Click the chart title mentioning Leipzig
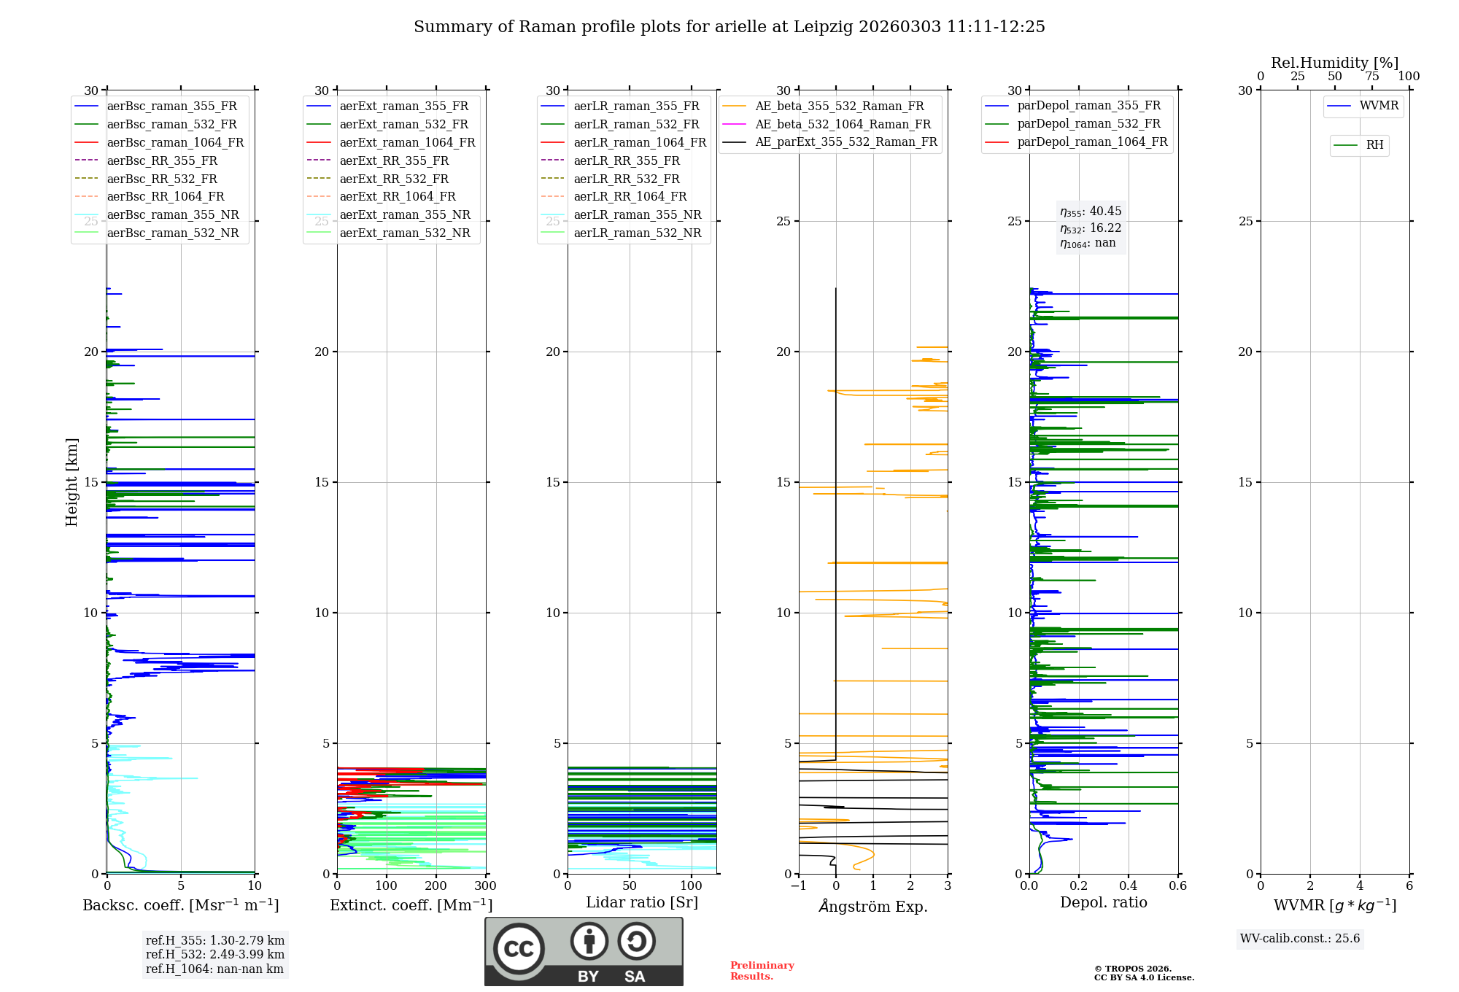coord(729,27)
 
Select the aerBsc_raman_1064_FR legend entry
coord(175,142)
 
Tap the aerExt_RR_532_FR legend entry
coord(394,179)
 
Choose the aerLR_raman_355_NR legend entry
coord(637,214)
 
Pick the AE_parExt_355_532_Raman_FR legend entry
coord(845,142)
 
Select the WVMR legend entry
coord(1379,106)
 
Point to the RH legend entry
coord(1374,145)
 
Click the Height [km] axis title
coord(71,481)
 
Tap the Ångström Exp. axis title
coord(873,906)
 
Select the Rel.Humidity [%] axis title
coord(1334,63)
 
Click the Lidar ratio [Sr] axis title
coord(642,902)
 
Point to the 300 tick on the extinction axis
coord(485,886)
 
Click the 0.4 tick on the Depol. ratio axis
coord(1129,886)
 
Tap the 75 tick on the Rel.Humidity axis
coord(1372,77)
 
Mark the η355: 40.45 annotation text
coord(1091,212)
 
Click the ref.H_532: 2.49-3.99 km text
coord(214,954)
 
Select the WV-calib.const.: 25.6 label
coord(1300,938)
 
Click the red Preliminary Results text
coord(762,970)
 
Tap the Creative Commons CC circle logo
coord(519,949)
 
